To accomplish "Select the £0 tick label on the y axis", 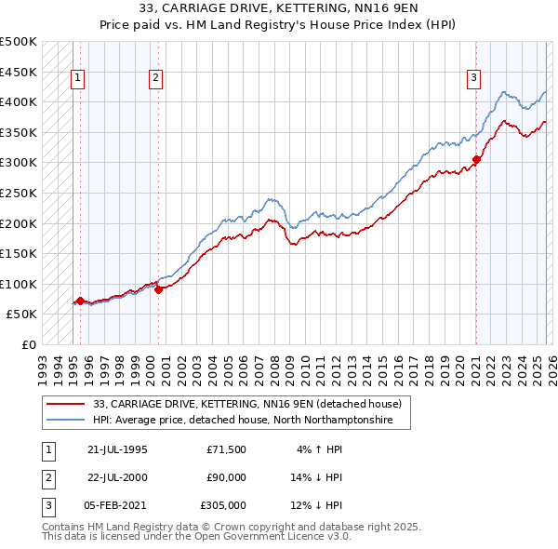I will point(28,344).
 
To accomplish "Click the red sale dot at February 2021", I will point(476,159).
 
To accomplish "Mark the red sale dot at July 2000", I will point(159,289).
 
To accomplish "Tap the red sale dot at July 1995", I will point(80,301).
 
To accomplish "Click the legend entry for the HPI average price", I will point(243,421).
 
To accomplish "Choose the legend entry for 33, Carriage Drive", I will point(246,404).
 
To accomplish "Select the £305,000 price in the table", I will point(223,505).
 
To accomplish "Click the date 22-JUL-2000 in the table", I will point(117,477).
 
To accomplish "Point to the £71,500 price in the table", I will point(227,449).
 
